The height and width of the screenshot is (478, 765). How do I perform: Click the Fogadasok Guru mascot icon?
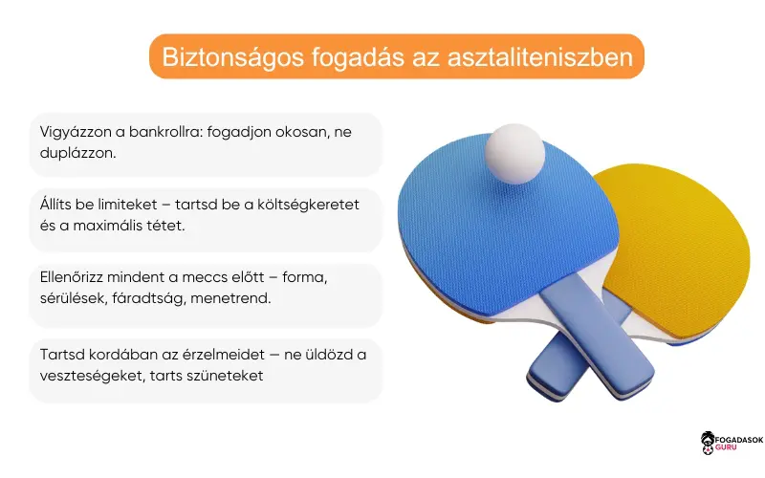(708, 442)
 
